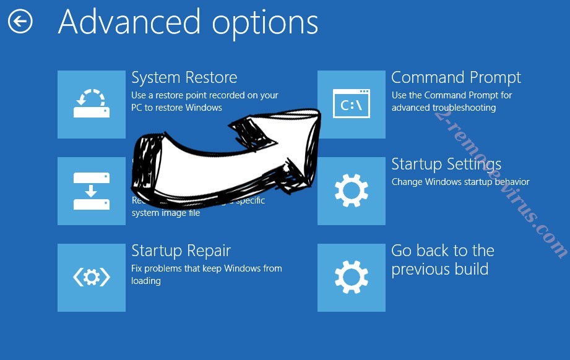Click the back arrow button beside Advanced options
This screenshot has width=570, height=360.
pos(20,22)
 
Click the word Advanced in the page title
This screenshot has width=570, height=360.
pos(129,22)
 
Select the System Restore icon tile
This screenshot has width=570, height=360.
pos(92,105)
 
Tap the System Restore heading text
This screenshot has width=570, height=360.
pos(184,78)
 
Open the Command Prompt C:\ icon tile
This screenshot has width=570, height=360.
pos(351,105)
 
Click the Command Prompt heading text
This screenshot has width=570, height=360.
pos(456,78)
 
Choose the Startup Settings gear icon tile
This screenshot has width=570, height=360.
pos(351,191)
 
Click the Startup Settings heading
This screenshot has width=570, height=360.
pos(446,165)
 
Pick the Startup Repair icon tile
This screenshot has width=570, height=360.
pos(92,278)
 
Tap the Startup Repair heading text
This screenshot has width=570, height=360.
pos(181,251)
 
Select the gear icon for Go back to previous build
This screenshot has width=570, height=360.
pos(351,278)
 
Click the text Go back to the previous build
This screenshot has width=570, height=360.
pos(442,260)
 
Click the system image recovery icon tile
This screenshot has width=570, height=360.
pos(92,191)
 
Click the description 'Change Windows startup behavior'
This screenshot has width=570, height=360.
pos(460,182)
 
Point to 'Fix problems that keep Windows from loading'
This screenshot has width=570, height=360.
pos(206,274)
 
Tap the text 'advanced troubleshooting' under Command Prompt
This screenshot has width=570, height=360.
pos(443,108)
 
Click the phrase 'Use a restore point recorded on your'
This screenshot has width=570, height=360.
pos(204,95)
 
